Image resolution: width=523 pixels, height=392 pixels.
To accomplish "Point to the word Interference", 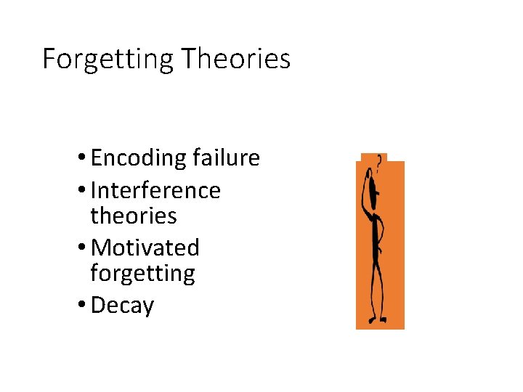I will [x=155, y=190].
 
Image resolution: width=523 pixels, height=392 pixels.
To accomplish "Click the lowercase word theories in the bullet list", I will [x=134, y=216].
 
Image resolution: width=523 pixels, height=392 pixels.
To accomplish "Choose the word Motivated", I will [x=145, y=248].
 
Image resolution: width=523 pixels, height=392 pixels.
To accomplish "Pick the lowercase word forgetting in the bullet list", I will [x=143, y=274].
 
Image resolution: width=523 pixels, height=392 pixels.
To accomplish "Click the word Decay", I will [x=123, y=306].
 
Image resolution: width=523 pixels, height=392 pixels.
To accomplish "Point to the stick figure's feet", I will [x=378, y=319].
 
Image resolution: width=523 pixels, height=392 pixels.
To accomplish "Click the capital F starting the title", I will [x=49, y=59].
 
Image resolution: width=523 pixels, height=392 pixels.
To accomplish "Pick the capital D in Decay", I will [x=98, y=306].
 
